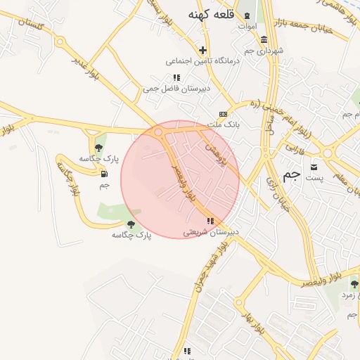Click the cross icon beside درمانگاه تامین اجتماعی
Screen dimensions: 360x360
[203, 50]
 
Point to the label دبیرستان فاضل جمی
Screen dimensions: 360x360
[167, 89]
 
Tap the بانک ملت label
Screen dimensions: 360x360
[227, 124]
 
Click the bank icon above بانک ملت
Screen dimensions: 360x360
[224, 114]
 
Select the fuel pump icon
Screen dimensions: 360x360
[105, 174]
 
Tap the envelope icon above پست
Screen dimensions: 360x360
[314, 167]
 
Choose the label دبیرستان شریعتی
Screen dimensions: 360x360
[211, 231]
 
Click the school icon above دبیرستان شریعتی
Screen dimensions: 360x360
[210, 221]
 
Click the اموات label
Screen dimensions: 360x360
[247, 26]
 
